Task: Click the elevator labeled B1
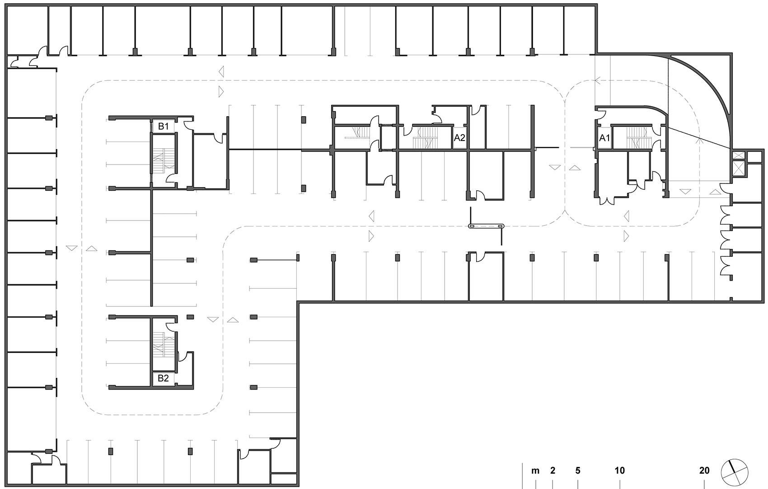coord(163,127)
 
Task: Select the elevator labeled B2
coord(163,379)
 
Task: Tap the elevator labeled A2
coord(459,138)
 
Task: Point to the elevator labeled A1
coord(604,138)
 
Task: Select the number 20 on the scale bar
coord(704,471)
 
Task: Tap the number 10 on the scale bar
coord(619,471)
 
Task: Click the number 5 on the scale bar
coord(578,471)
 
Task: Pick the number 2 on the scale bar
coord(553,471)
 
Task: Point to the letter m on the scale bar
coord(535,471)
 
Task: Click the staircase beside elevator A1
coord(637,138)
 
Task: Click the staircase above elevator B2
coord(164,346)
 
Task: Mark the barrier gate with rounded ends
coord(486,226)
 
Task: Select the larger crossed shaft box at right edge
coord(739,169)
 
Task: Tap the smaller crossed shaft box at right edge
coord(739,155)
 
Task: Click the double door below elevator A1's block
coord(606,201)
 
